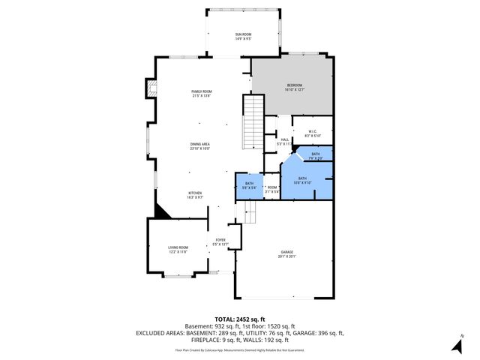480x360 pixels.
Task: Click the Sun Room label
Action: point(243,37)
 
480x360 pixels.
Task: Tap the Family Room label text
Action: point(201,93)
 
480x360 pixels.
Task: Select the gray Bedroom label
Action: point(292,87)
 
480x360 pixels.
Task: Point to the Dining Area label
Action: point(199,146)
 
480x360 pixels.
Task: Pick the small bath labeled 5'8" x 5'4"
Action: point(249,185)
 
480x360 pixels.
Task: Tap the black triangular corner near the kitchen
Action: point(161,211)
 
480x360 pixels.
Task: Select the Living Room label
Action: point(178,249)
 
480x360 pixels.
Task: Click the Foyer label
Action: point(220,241)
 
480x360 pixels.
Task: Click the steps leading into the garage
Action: point(249,215)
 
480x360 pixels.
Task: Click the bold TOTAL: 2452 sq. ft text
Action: point(240,319)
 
